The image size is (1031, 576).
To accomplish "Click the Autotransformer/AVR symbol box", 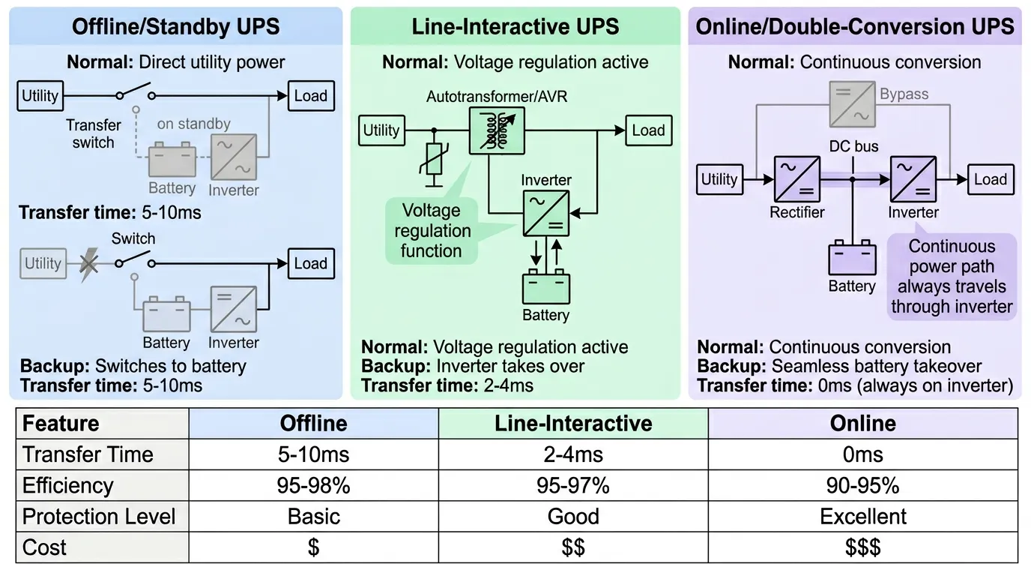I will [496, 130].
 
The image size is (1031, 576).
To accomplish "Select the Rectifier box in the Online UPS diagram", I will [796, 179].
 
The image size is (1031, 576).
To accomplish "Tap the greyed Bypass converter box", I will [851, 104].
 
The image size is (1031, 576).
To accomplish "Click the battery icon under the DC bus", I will [852, 258].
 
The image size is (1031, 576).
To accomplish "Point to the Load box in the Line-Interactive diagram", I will [648, 130].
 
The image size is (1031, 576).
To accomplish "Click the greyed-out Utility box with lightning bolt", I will [43, 263].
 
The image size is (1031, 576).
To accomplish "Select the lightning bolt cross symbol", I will [88, 265].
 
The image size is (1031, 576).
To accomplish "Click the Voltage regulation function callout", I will [432, 230].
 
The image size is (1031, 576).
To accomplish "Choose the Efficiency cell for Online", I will [862, 486].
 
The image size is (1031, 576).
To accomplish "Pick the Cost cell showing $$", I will [573, 547].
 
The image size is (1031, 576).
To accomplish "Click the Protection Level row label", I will [100, 517].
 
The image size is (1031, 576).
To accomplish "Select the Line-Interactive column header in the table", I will [573, 424].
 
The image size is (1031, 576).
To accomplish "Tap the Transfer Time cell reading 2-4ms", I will [573, 455].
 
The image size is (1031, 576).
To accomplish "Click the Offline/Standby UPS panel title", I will [175, 27].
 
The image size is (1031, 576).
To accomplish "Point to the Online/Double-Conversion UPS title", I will [855, 27].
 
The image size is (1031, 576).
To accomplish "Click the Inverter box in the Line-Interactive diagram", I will [545, 213].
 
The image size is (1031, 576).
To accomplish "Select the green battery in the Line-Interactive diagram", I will [545, 289].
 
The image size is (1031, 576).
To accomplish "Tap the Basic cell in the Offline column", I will [313, 517].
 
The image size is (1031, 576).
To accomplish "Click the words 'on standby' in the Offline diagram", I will [193, 124].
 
